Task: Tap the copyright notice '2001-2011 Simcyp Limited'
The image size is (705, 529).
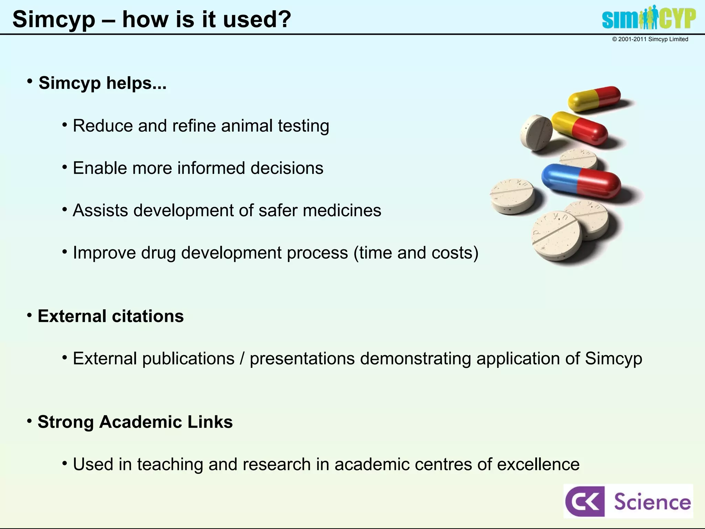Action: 650,39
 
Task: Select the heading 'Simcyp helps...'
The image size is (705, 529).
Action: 102,83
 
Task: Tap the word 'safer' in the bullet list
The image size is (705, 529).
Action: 278,210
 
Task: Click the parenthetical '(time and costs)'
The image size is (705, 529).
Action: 416,253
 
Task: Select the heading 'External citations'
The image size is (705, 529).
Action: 111,316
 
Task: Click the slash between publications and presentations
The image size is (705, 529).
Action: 242,359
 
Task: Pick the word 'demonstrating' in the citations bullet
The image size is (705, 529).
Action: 415,359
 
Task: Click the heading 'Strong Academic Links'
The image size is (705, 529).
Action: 135,422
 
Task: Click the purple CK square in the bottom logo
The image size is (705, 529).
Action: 585,501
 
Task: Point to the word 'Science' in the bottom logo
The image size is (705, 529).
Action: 652,502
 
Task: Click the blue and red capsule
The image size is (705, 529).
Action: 580,181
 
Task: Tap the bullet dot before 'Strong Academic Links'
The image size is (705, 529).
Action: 30,421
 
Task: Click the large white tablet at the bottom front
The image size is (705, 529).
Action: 557,236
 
